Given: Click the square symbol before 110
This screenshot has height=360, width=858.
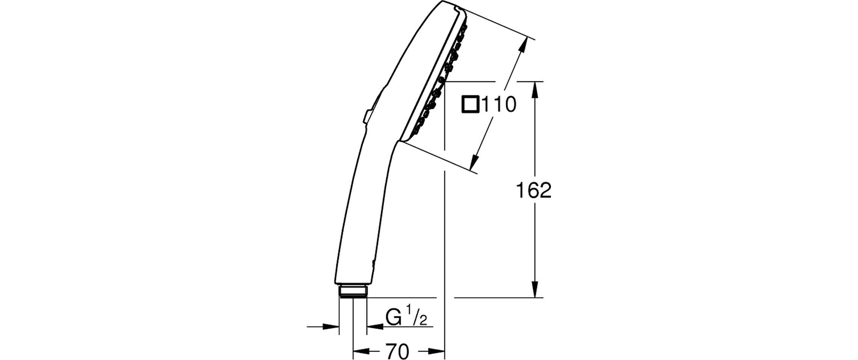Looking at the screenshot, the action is click(x=471, y=105).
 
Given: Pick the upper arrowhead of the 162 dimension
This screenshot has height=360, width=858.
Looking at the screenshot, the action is click(x=535, y=90).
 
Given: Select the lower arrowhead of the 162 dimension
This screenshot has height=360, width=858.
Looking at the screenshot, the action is click(x=535, y=289).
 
